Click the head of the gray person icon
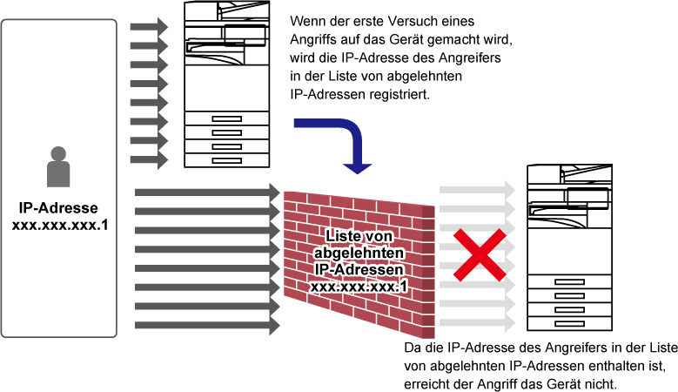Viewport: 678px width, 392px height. (x=58, y=154)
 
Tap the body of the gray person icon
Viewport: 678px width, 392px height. (x=58, y=174)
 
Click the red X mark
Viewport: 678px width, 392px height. (x=479, y=255)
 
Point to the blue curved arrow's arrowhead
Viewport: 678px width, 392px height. (x=357, y=167)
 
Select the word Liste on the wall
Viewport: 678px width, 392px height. (x=341, y=236)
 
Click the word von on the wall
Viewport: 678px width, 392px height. (x=377, y=236)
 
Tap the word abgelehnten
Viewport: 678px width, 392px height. (x=359, y=253)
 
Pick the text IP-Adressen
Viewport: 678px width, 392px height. (x=359, y=269)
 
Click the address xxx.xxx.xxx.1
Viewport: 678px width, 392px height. (x=359, y=286)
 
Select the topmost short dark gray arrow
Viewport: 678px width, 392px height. (x=149, y=27)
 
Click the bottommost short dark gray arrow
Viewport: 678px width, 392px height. (x=149, y=160)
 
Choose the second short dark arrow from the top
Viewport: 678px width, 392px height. (x=149, y=45)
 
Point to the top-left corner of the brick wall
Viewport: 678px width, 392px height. (x=285, y=192)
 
